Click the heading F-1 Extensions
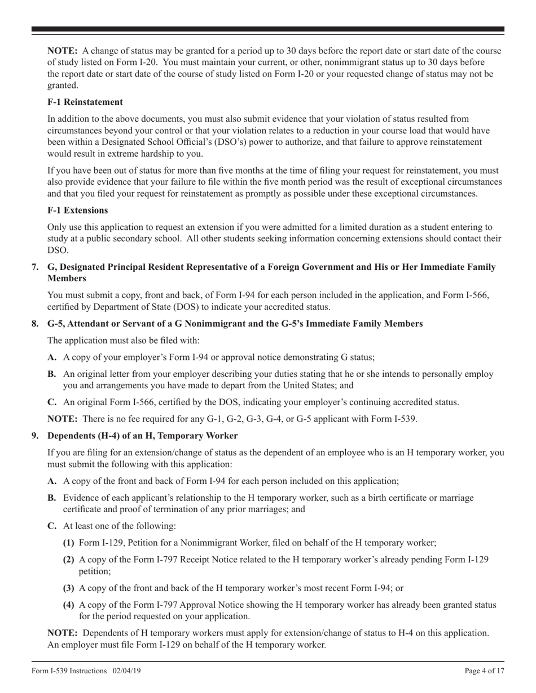[x=78, y=210]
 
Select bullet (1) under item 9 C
[x=68, y=543]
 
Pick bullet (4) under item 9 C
[x=68, y=605]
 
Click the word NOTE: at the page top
[x=63, y=51]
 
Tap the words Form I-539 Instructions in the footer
[x=69, y=670]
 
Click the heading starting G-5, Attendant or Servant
[x=235, y=323]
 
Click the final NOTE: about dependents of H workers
[x=63, y=633]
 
